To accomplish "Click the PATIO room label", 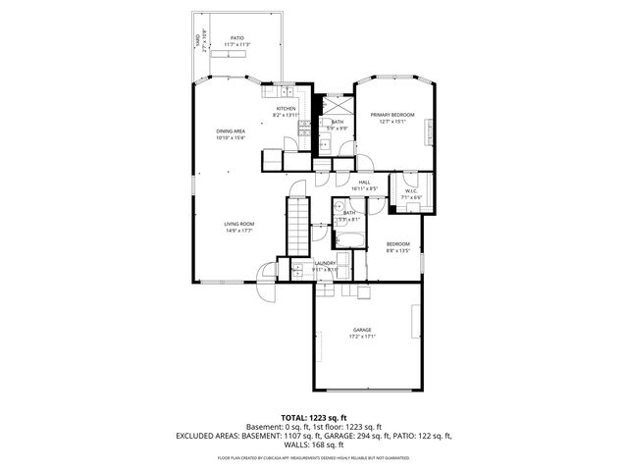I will click(x=236, y=38).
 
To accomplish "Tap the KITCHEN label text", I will click(x=286, y=109).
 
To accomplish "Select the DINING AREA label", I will click(x=231, y=131).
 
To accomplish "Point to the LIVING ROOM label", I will click(x=238, y=225).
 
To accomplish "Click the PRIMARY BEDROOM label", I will click(x=392, y=115).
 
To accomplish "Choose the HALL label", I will click(x=364, y=182).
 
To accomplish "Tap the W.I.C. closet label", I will click(x=411, y=191).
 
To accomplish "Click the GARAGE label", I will click(x=362, y=330).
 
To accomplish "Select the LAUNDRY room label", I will click(x=325, y=263).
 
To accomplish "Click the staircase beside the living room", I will click(x=297, y=226).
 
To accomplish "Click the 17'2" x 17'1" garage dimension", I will click(x=362, y=337).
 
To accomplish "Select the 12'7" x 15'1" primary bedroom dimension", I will click(x=392, y=122).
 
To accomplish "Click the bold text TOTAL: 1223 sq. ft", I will click(x=314, y=417).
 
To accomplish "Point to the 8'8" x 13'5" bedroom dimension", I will click(x=397, y=250).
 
